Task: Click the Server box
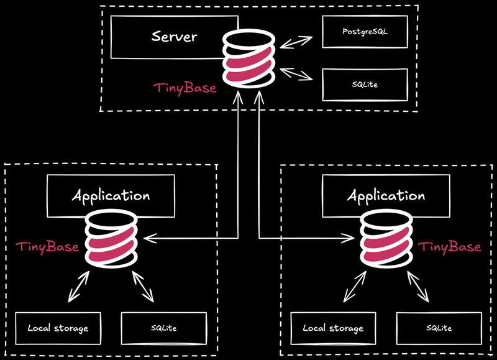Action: [x=174, y=35]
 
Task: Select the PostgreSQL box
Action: [x=365, y=31]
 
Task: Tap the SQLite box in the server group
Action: [x=365, y=84]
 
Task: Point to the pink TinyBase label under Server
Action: [x=185, y=88]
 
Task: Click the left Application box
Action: [x=111, y=196]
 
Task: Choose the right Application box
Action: [x=386, y=196]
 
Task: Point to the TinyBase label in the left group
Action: [x=47, y=247]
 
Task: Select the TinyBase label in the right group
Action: [x=449, y=247]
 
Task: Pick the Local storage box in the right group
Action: [x=332, y=328]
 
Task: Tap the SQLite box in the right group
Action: [x=439, y=328]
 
